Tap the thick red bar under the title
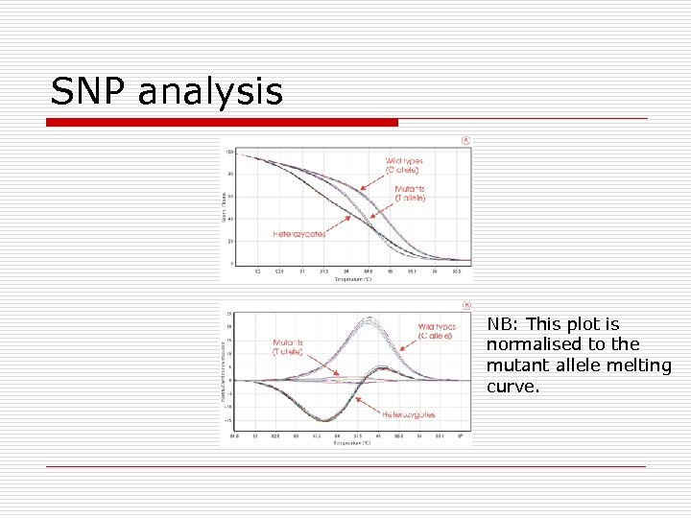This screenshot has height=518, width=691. [223, 123]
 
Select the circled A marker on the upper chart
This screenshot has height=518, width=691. [465, 140]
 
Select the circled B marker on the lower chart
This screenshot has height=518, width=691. [465, 307]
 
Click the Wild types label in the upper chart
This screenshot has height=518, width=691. [404, 165]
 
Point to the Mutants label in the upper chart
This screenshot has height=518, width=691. [411, 193]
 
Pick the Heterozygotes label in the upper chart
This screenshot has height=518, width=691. [299, 233]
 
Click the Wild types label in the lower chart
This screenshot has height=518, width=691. [437, 332]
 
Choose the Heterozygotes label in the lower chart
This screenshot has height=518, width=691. [409, 414]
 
